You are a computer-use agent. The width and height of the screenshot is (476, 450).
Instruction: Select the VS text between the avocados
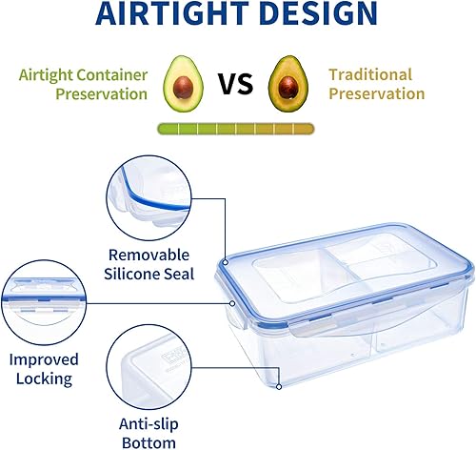pyautogui.click(x=236, y=83)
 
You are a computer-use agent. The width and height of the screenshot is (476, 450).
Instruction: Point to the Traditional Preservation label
pyautogui.click(x=375, y=84)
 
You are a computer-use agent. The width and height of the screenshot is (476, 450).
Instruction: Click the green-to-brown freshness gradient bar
pyautogui.click(x=236, y=126)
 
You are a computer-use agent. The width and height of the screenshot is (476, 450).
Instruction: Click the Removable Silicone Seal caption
pyautogui.click(x=150, y=264)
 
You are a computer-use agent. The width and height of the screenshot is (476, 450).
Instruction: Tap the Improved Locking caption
pyautogui.click(x=39, y=369)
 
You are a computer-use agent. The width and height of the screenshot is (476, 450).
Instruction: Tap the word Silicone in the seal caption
pyautogui.click(x=133, y=274)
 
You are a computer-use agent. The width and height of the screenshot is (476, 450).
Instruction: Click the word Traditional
pyautogui.click(x=371, y=74)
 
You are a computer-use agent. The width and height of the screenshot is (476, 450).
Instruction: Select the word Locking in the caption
pyautogui.click(x=39, y=378)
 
